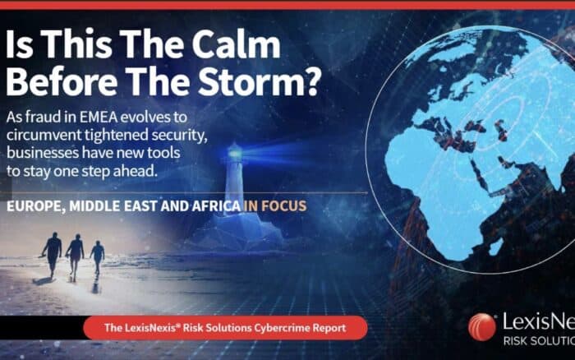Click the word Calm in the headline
236,44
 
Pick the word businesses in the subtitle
43,153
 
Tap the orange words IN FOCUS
275,205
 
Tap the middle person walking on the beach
76,257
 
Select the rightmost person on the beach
98,257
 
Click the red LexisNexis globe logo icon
482,327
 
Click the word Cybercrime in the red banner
282,328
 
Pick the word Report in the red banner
329,328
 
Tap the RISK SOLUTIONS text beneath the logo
539,341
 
